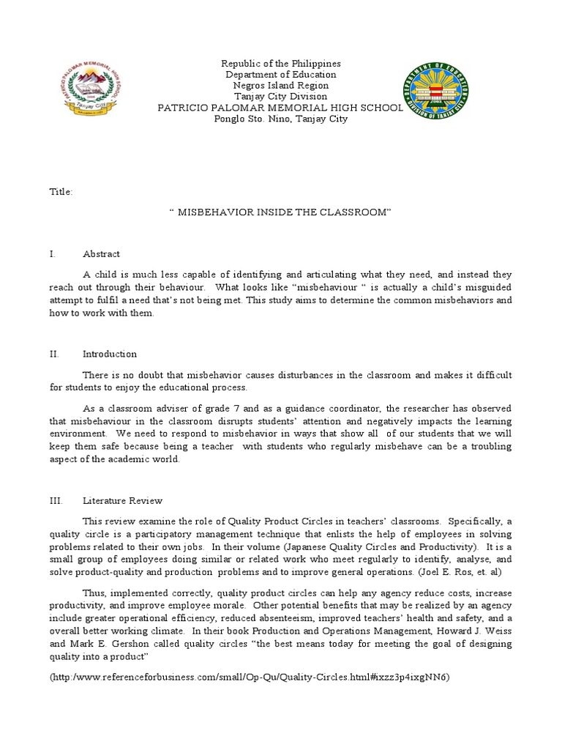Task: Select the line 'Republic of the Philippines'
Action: point(281,64)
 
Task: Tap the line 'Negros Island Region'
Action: point(281,86)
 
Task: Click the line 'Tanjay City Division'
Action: point(281,97)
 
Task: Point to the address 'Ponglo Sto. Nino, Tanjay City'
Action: point(281,119)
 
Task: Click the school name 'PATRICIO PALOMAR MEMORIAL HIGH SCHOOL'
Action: point(281,108)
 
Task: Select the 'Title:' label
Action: point(61,191)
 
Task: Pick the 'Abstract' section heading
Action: point(101,254)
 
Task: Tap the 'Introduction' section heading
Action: point(110,354)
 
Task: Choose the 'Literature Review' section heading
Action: point(122,501)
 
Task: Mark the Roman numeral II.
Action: point(53,354)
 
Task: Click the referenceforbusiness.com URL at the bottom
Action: point(250,677)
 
